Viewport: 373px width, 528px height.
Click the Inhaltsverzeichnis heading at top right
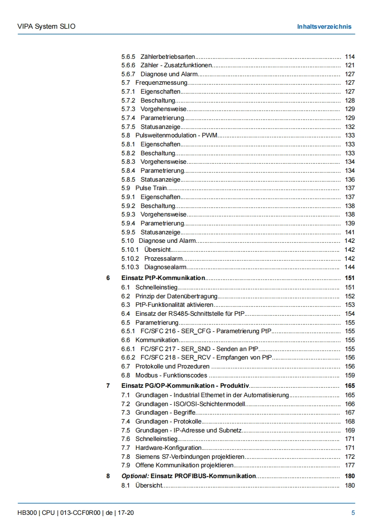[324, 26]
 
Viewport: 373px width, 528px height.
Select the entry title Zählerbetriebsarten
[168, 56]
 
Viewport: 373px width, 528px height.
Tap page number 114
[349, 56]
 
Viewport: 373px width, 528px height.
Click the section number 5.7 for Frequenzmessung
[126, 83]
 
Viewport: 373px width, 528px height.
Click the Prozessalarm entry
[163, 258]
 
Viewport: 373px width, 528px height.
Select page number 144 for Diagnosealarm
[349, 267]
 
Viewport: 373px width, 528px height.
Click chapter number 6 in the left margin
[108, 278]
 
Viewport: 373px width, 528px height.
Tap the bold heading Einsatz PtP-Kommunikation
[163, 278]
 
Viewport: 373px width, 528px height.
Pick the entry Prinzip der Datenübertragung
[176, 296]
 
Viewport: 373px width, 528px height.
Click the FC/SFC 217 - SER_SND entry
[199, 349]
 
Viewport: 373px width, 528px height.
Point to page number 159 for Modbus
[349, 376]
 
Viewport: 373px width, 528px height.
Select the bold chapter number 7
[108, 386]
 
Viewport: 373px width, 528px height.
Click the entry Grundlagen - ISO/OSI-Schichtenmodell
[190, 404]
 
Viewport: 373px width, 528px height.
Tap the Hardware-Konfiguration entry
[168, 448]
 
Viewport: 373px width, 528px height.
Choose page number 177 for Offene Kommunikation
[349, 465]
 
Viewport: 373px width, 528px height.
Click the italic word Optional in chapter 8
[135, 476]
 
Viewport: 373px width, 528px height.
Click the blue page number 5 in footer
[353, 513]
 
